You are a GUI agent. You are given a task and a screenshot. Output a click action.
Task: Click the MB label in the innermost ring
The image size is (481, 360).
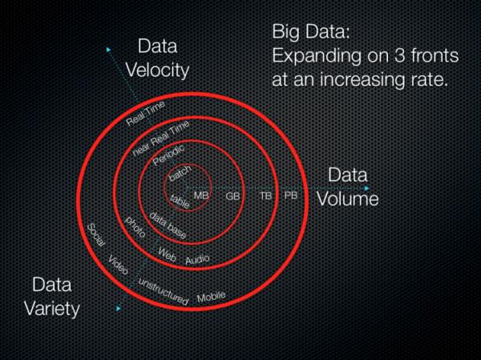201,196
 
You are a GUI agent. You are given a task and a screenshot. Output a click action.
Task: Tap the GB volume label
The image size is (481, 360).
232,196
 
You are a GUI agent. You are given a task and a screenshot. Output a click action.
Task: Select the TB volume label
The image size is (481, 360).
265,195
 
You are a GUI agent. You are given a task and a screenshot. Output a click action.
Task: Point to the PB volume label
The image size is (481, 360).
290,195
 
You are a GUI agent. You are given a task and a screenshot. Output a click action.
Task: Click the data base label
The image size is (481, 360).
168,228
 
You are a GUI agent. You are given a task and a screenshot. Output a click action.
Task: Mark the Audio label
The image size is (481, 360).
197,260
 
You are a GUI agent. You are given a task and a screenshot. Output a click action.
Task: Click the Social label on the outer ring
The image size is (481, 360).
95,238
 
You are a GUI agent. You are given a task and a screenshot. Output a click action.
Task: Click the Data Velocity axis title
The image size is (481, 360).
163,58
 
